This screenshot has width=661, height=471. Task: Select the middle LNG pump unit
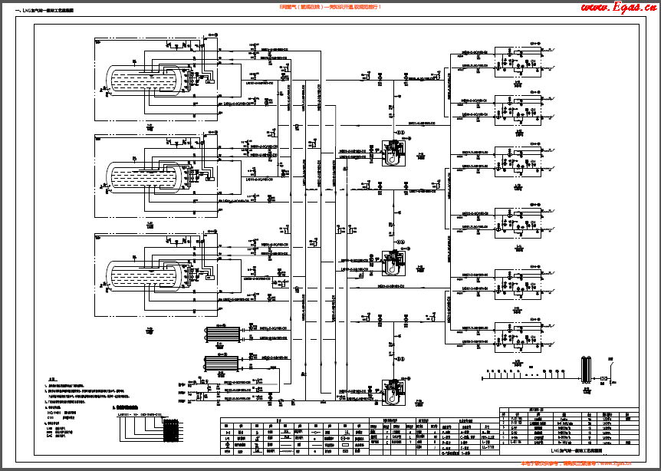coord(395,262)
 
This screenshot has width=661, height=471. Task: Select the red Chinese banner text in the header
coord(330,6)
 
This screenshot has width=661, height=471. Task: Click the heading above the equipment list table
coord(537,409)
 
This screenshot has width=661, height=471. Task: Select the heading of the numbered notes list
coord(53,379)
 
